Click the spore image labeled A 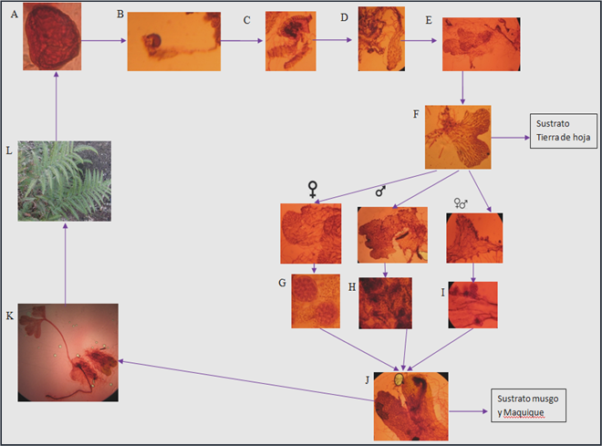52,36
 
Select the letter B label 120,15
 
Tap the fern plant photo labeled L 65,182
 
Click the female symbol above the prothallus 313,190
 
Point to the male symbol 380,191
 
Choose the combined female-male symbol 461,203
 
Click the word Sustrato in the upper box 553,124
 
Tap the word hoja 581,137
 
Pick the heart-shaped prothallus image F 458,138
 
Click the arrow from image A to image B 104,40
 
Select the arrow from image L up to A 57,106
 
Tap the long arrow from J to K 246,380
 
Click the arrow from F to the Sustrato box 510,138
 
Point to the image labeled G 316,301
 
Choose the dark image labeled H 386,303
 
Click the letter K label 10,316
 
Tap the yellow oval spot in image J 400,379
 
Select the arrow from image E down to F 462,88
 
